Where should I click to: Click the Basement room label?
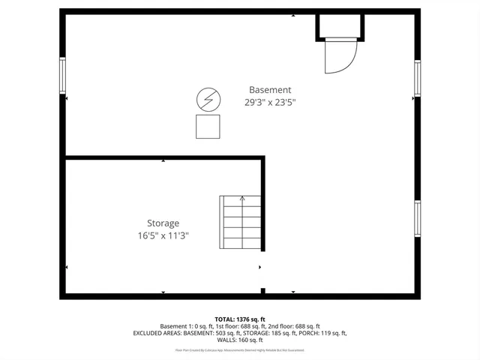pos(270,90)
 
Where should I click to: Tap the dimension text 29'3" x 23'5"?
pos(270,103)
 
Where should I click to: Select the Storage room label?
pos(163,223)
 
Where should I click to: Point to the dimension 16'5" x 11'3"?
pos(163,235)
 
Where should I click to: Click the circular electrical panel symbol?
pos(208,99)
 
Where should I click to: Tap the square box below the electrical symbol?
pos(208,127)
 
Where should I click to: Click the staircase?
pos(240,223)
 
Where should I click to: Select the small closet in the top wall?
pos(340,27)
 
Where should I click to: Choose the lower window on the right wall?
pos(418,218)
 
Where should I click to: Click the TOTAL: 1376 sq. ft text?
pos(239,319)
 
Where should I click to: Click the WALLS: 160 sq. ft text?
pos(240,340)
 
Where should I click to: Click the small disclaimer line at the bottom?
pos(240,350)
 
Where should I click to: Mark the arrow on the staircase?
pos(241,199)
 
